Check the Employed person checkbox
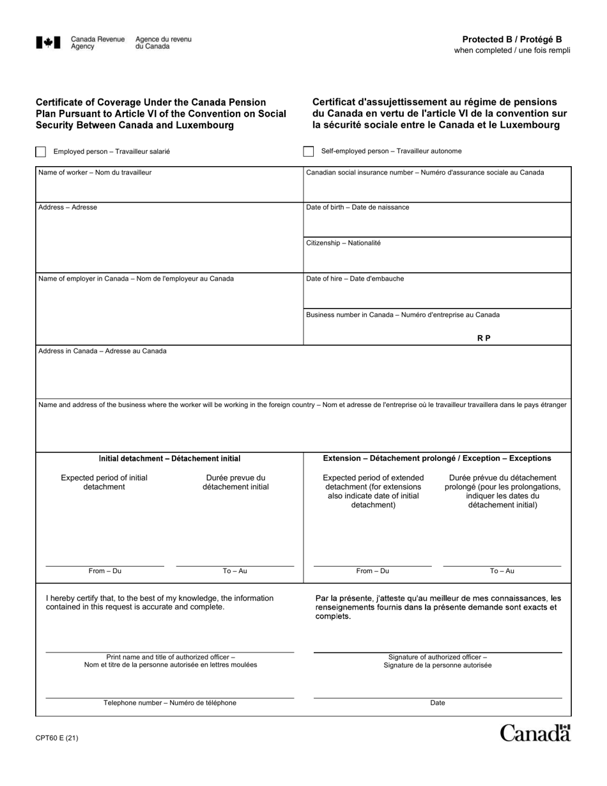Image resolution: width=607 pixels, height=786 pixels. point(41,151)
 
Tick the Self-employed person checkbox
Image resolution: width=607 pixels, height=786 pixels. point(309,151)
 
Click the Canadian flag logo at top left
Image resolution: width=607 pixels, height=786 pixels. point(49,43)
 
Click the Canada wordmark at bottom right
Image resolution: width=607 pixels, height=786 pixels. point(535,733)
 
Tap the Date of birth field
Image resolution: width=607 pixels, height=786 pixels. point(437,224)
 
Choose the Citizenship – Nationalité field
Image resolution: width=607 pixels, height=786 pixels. point(437,259)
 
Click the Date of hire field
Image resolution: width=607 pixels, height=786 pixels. point(437,295)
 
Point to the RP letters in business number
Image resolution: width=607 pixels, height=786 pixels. point(484,338)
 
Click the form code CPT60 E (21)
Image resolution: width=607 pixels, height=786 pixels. point(58,738)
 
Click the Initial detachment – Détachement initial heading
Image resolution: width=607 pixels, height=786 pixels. point(169,458)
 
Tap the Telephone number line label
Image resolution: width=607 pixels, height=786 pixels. point(170,703)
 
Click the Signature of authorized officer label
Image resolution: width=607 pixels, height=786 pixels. point(438,661)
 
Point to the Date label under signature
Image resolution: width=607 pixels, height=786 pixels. point(438,703)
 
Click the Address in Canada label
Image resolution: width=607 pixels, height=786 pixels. point(102,351)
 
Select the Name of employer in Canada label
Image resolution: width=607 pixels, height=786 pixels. point(136,279)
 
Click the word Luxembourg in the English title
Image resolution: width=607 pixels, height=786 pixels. point(203,125)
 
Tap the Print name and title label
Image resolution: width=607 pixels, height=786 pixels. point(170,661)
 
